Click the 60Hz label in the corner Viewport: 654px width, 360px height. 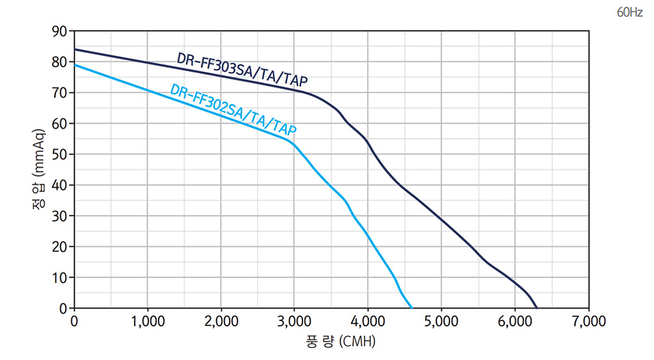click(629, 12)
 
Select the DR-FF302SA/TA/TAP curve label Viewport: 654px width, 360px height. click(233, 109)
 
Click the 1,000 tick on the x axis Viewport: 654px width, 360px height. click(147, 320)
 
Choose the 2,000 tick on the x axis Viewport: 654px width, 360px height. click(220, 320)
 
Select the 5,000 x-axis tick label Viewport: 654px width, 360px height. click(441, 320)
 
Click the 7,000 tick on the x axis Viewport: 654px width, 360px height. click(588, 320)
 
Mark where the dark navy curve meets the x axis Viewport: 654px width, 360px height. click(537, 308)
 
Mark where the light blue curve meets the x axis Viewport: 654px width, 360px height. click(412, 308)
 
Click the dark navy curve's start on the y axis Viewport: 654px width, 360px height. click(75, 49)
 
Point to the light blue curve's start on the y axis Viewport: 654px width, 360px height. click(75, 65)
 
